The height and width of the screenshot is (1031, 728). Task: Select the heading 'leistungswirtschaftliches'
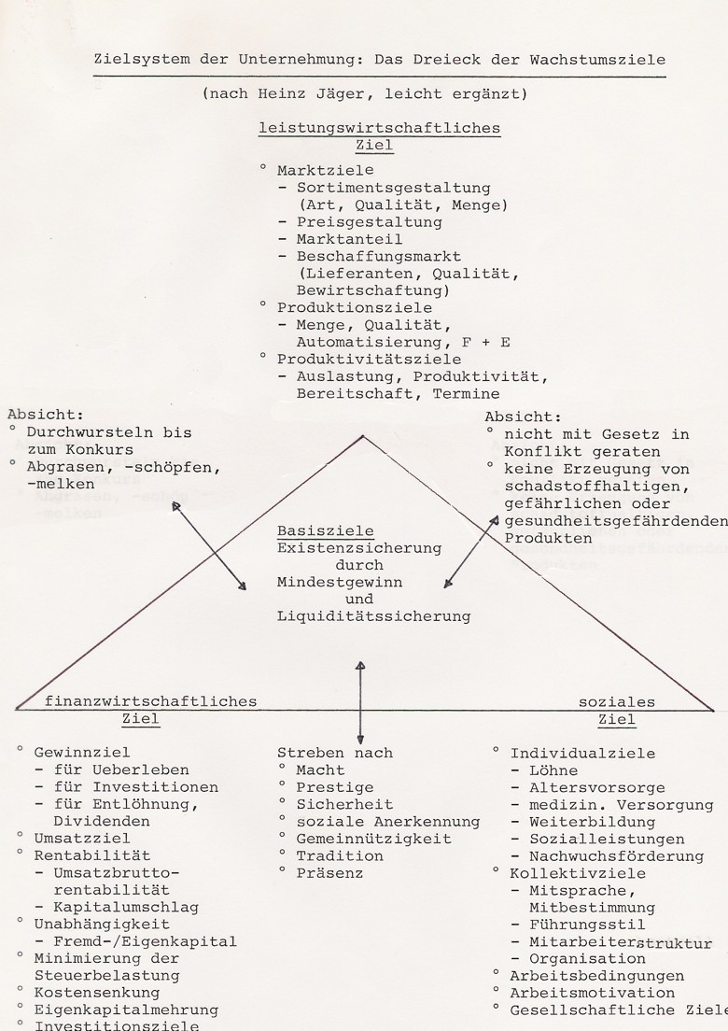tap(379, 128)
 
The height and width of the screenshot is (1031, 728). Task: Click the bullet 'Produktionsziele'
tap(353, 307)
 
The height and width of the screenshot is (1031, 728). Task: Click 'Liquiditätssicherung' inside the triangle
tap(373, 616)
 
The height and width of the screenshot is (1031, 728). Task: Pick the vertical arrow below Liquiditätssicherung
tap(361, 700)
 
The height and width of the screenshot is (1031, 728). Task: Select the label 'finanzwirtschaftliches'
tap(150, 702)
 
